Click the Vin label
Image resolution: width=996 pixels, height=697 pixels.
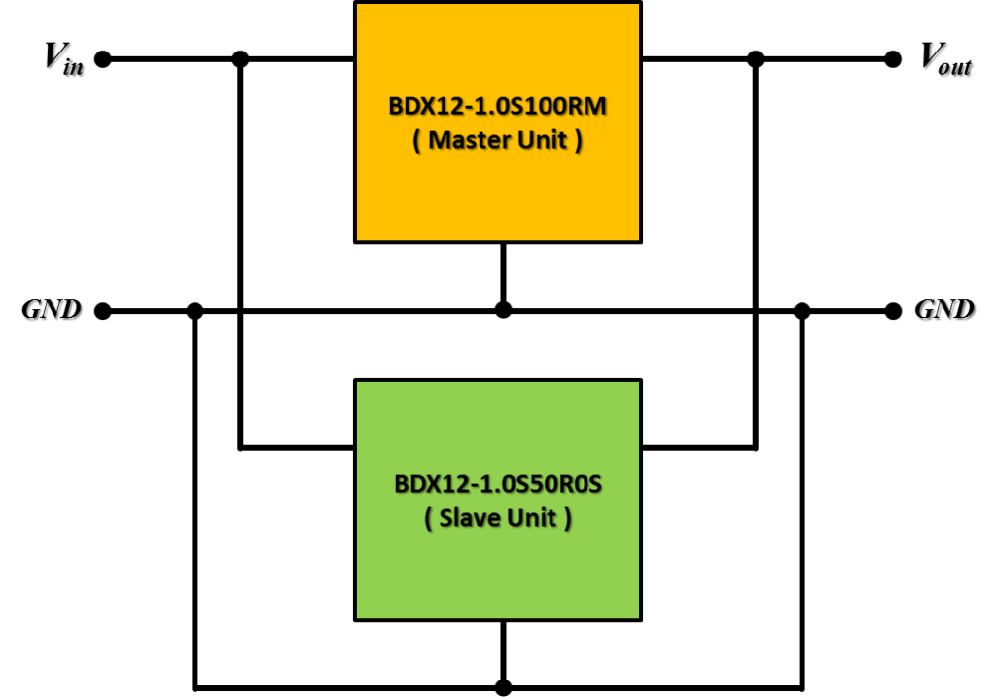click(x=63, y=58)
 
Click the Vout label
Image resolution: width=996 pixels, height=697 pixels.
click(x=945, y=58)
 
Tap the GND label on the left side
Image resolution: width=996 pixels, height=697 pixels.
click(x=52, y=309)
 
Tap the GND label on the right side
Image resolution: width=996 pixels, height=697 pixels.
click(x=944, y=309)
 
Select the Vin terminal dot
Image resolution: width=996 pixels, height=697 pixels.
click(x=103, y=59)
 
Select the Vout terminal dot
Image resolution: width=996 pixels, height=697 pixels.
click(x=893, y=59)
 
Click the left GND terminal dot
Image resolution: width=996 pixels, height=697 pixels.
click(x=103, y=311)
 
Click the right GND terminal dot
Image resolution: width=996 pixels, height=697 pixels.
click(x=893, y=311)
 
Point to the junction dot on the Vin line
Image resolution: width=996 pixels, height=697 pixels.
click(x=240, y=59)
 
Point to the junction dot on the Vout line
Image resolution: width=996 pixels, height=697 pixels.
click(x=755, y=59)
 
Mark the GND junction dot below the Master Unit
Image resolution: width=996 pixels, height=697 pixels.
click(x=503, y=310)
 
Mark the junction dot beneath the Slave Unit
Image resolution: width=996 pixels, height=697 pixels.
click(x=503, y=687)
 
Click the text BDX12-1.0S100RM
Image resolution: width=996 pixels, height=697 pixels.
click(x=497, y=106)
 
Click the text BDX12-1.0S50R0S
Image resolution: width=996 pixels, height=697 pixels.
click(x=498, y=484)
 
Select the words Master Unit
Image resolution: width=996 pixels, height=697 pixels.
click(x=497, y=140)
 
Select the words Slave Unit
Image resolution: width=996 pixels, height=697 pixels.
click(x=497, y=518)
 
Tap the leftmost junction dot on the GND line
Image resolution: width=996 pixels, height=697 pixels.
click(x=195, y=311)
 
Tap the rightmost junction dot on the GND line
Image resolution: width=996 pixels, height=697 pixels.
click(x=801, y=311)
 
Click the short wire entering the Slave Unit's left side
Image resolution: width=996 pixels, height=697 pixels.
click(x=297, y=448)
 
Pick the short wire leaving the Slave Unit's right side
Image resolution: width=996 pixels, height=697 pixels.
click(x=698, y=448)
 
